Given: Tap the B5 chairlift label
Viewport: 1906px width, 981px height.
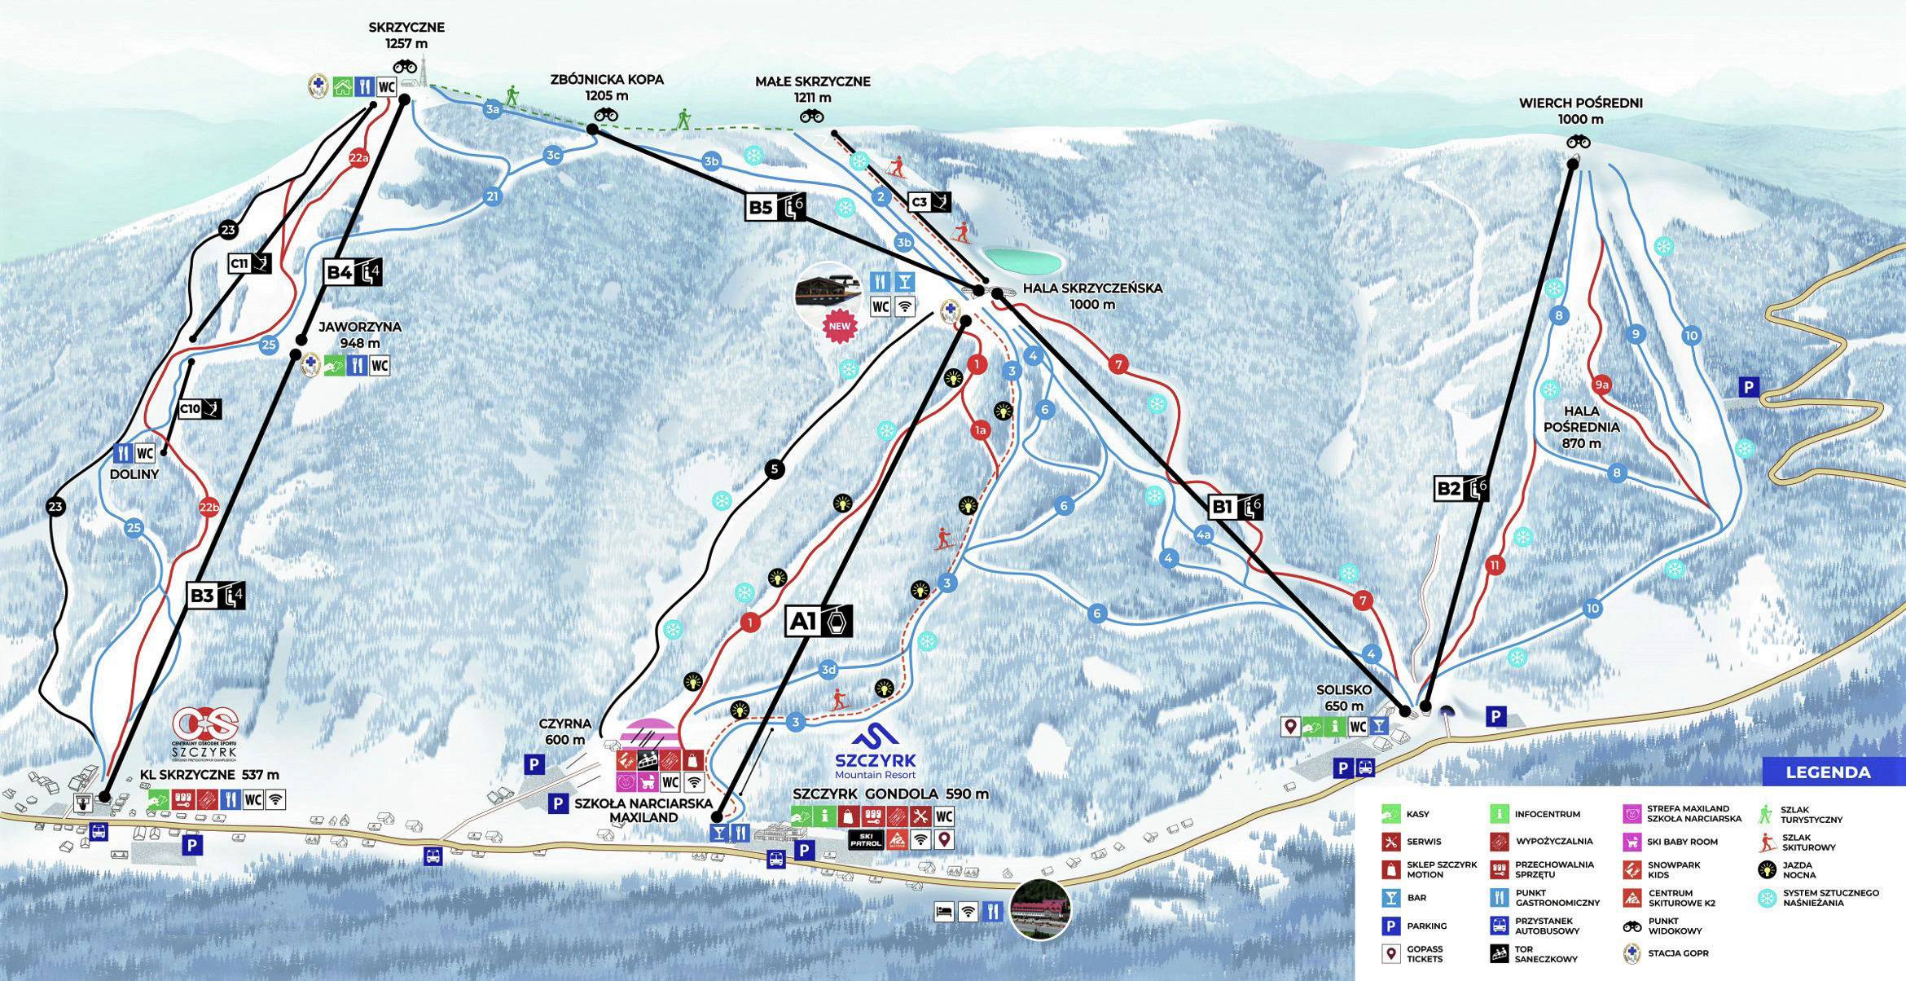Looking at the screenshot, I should point(775,207).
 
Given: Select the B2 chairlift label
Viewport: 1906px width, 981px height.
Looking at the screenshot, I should point(1461,489).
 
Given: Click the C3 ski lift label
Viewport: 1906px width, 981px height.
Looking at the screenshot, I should point(929,202).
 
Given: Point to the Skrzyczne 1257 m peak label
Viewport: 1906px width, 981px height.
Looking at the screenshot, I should point(406,35).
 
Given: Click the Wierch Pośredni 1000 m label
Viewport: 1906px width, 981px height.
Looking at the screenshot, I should point(1580,111).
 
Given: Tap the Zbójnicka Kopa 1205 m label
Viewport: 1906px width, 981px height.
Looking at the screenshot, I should point(607,87).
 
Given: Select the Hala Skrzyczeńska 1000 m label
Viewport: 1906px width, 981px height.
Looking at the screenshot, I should point(1092,296).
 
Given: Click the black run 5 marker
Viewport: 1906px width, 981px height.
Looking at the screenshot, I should point(775,469).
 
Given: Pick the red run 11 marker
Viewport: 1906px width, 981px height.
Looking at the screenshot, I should point(1494,565).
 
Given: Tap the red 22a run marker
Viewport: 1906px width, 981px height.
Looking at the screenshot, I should point(358,158).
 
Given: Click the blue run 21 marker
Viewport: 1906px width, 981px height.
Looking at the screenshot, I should point(492,196).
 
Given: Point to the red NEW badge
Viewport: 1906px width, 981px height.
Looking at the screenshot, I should point(839,326).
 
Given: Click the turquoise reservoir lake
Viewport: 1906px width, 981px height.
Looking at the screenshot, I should point(1022,261).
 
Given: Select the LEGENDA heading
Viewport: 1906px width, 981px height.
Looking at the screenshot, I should point(1828,772).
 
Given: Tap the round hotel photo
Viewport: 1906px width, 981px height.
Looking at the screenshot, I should point(1039,909).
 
